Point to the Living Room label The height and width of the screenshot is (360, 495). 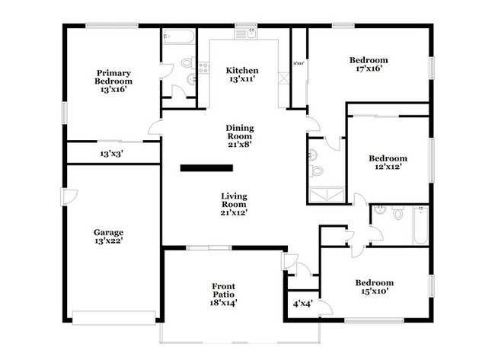(233, 205)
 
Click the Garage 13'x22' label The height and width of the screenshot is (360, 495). (109, 237)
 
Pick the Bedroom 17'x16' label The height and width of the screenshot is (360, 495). (369, 65)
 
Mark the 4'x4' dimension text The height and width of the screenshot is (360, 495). (302, 304)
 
